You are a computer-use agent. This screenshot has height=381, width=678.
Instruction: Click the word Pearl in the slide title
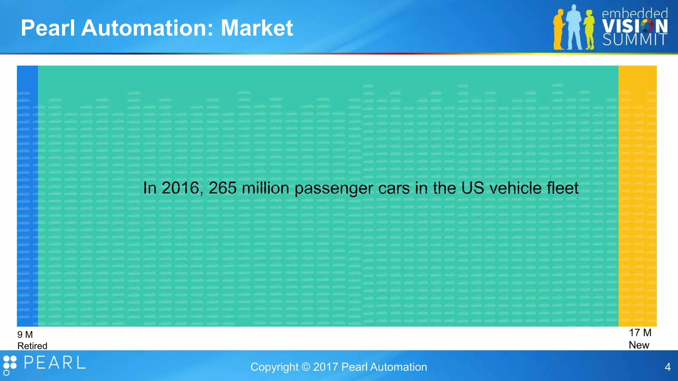pyautogui.click(x=48, y=28)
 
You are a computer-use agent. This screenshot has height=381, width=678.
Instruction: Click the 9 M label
pyautogui.click(x=25, y=335)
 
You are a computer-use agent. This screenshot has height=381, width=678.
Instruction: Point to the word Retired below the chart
pyautogui.click(x=32, y=346)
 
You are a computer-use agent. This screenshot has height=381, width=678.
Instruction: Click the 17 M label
pyautogui.click(x=640, y=333)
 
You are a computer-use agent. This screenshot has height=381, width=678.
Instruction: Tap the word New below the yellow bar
pyautogui.click(x=639, y=345)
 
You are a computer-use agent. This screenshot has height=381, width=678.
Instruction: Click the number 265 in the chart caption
pyautogui.click(x=222, y=188)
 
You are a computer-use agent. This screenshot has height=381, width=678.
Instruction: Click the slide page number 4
pyautogui.click(x=667, y=367)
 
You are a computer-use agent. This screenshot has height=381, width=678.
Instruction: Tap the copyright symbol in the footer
pyautogui.click(x=306, y=367)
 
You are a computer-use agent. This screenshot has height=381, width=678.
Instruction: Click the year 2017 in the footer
pyautogui.click(x=325, y=367)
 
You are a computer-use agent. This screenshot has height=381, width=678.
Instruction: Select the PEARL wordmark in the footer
pyautogui.click(x=55, y=363)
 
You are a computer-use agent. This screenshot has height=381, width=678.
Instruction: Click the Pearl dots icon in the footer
pyautogui.click(x=10, y=365)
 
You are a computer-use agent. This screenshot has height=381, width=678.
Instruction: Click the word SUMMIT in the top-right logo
pyautogui.click(x=634, y=40)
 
